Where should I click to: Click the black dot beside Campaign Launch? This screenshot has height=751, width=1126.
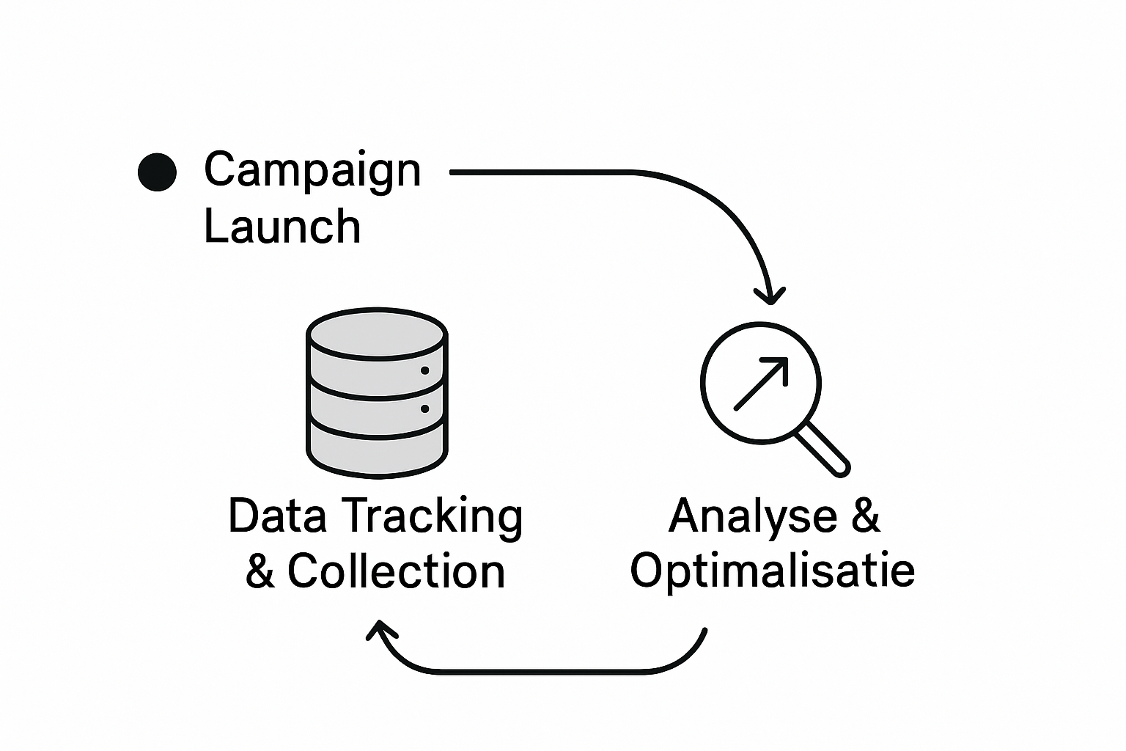click(x=157, y=172)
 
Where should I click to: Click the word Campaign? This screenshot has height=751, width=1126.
click(x=312, y=171)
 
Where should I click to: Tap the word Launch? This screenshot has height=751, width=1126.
click(x=282, y=226)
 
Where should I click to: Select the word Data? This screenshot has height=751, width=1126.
click(x=277, y=516)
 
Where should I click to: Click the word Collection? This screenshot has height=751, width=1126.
click(x=396, y=571)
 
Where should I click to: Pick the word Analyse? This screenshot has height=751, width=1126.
click(x=753, y=516)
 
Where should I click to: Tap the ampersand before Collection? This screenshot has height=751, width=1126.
click(x=260, y=571)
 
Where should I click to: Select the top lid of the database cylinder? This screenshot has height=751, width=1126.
click(x=377, y=334)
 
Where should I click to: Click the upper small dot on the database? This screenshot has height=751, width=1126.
click(x=424, y=371)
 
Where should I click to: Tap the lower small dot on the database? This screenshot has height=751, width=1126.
click(x=424, y=409)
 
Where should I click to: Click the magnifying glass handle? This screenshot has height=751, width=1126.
click(x=823, y=449)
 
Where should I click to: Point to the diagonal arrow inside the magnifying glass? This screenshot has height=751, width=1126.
click(x=761, y=383)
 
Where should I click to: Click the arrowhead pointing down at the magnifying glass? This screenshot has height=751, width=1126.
click(x=770, y=296)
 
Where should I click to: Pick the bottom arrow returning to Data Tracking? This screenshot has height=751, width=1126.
click(x=542, y=670)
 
